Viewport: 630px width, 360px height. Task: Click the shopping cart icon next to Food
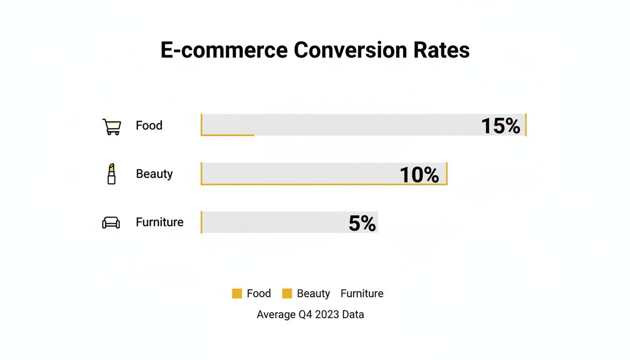112,127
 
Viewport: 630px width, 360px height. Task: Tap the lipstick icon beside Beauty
111,174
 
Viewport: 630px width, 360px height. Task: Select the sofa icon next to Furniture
111,223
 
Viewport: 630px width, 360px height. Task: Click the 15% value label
501,126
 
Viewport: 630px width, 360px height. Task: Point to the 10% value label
419,174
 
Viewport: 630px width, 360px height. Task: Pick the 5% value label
362,223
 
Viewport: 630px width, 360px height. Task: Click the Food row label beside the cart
149,126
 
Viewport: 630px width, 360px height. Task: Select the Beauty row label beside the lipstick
154,174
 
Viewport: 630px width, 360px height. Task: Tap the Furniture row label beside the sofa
159,222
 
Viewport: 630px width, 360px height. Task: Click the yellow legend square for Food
237,293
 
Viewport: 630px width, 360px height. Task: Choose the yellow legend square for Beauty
287,293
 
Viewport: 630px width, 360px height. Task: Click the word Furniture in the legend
362,293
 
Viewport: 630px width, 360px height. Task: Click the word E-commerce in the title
224,50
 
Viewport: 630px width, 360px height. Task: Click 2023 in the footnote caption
327,315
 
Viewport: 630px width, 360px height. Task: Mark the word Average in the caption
276,315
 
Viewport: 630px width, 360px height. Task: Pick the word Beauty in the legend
313,293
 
